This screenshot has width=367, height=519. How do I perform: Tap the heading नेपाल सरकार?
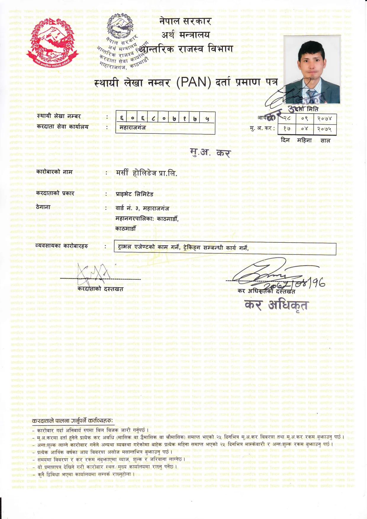[186, 21]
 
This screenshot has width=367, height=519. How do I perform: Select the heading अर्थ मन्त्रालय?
[186, 35]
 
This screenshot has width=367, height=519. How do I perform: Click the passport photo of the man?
[312, 70]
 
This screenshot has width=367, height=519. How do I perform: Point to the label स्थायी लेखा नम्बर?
[59, 116]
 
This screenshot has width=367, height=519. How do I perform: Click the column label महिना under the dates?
[305, 140]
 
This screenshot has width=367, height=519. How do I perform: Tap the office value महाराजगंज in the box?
[133, 128]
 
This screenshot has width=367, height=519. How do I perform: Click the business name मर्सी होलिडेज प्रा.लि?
[147, 173]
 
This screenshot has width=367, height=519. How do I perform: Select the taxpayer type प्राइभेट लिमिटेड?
[135, 194]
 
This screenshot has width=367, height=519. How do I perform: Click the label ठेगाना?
[43, 207]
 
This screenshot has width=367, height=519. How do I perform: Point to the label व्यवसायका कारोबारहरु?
[62, 246]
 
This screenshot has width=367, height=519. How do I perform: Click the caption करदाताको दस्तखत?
[100, 289]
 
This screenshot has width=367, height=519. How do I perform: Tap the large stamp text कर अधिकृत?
[276, 305]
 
